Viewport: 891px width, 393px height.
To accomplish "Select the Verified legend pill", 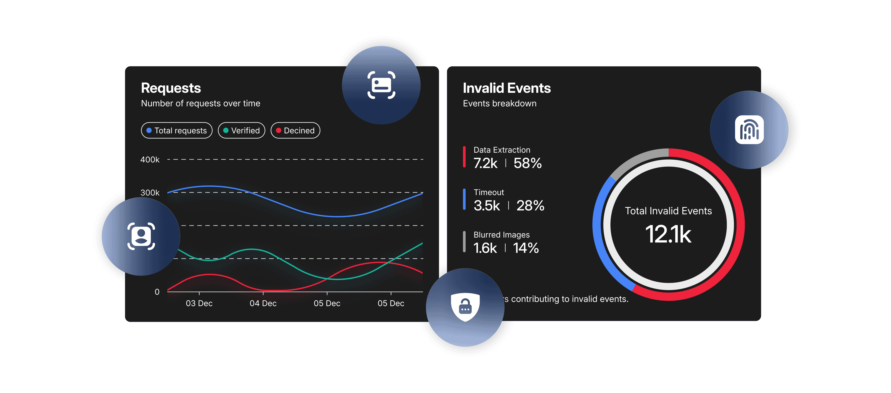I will point(241,130).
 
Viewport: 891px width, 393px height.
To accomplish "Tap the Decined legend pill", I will point(295,130).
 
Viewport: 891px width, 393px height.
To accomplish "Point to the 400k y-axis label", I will point(150,159).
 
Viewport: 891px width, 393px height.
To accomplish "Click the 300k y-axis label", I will point(150,192).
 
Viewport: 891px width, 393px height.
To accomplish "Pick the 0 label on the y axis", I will point(157,292).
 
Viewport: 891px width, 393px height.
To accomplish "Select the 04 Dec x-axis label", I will point(263,303).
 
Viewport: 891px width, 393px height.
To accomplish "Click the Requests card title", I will point(171,88).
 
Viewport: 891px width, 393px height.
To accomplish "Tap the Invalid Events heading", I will point(507,88).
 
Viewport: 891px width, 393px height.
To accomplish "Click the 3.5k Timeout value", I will point(487,206).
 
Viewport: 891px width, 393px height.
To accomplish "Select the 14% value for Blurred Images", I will point(526,248).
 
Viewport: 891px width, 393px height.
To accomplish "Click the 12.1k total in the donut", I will point(668,235).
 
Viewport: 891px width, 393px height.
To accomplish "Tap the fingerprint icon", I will point(749,130).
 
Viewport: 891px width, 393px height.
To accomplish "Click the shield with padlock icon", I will point(465,307).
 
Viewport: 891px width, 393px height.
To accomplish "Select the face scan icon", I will point(141,236).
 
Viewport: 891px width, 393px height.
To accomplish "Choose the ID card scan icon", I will point(381,85).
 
